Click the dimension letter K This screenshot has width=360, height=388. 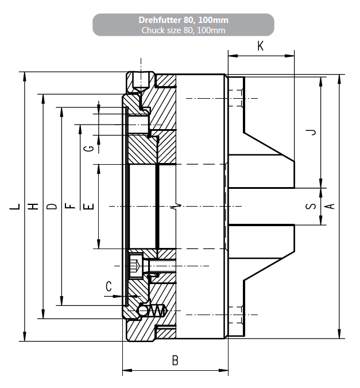[261, 46]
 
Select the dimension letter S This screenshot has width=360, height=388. [311, 206]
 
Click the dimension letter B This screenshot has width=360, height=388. [175, 360]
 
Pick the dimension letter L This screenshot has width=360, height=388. [15, 206]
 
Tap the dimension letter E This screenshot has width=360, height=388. [88, 206]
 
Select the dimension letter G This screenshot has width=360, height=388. [88, 149]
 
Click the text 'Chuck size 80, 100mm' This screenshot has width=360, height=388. [183, 30]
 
